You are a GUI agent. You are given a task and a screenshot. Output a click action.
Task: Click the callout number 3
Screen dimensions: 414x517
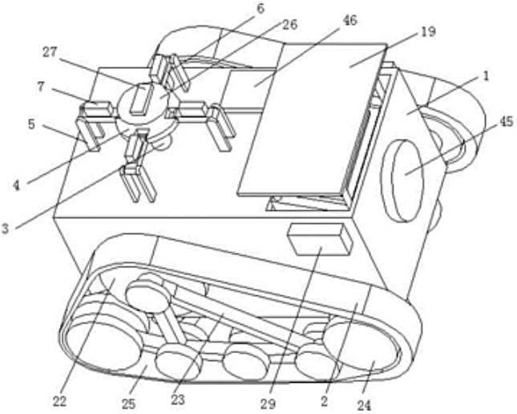pos(8,227)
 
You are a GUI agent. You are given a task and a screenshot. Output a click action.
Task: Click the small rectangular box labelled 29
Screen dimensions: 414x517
pos(319,240)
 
